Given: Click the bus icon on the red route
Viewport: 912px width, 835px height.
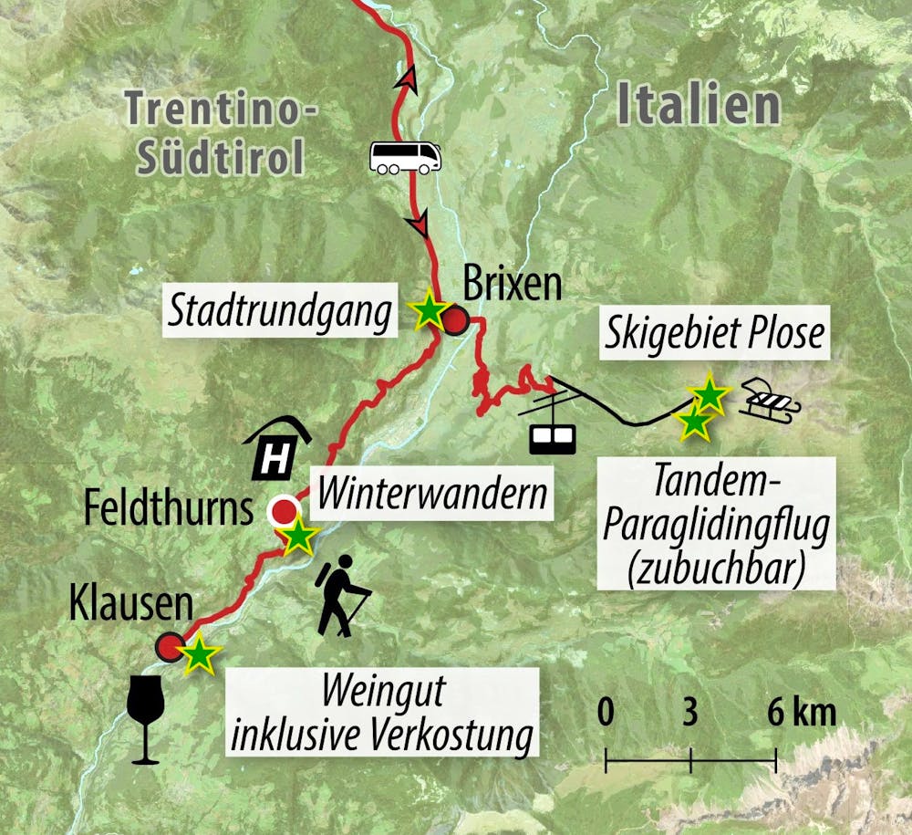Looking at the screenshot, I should [405, 158].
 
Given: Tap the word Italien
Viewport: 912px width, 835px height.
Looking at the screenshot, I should [699, 106].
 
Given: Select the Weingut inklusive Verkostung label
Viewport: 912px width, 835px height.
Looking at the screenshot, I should [381, 715].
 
